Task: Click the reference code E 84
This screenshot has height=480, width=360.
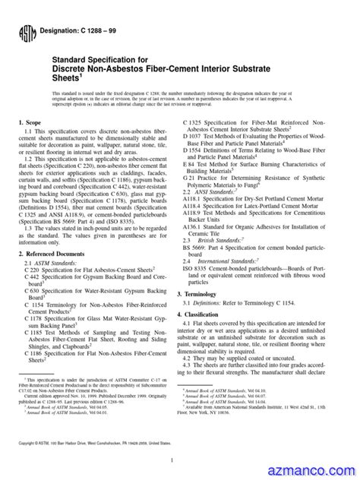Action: (x=190, y=164)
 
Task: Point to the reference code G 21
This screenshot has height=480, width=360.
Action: (x=190, y=178)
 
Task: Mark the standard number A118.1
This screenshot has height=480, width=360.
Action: (x=195, y=200)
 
